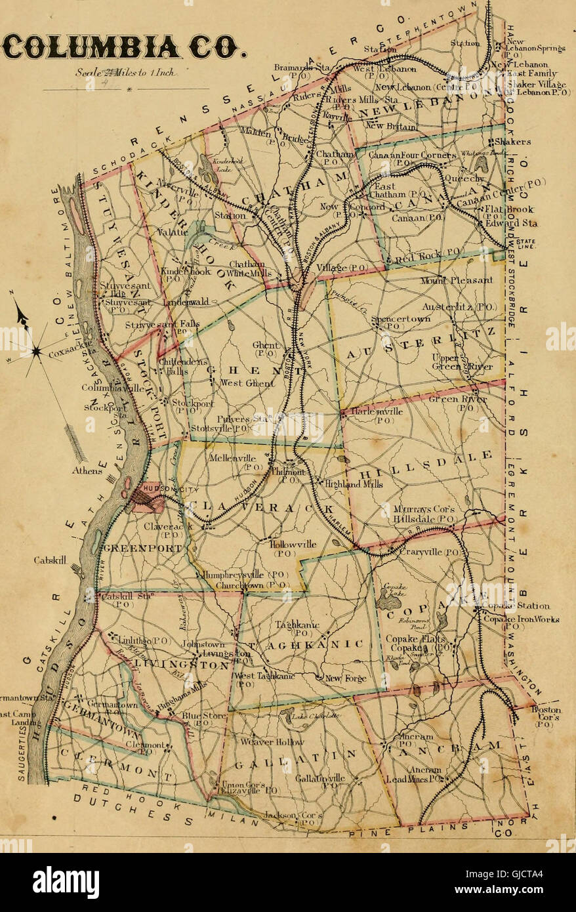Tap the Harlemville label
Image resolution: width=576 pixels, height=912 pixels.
point(377,411)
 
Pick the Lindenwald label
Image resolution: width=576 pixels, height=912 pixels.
point(187,302)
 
